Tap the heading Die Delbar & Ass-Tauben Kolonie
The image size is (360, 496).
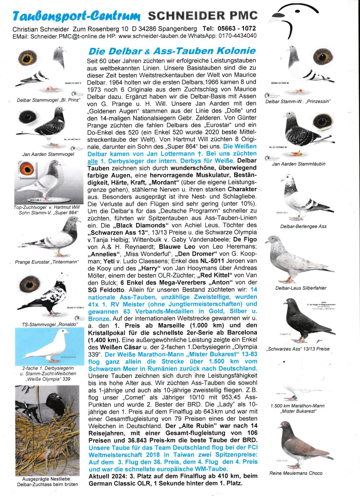click(x=172, y=51)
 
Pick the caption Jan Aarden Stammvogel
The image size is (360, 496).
click(x=48, y=154)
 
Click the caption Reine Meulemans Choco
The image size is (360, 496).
click(x=296, y=473)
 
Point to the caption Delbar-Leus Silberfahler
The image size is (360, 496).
click(x=301, y=288)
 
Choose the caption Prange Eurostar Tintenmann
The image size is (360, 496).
click(x=46, y=262)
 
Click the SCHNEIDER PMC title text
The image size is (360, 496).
click(x=203, y=15)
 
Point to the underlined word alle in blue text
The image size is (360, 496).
click(x=93, y=161)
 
